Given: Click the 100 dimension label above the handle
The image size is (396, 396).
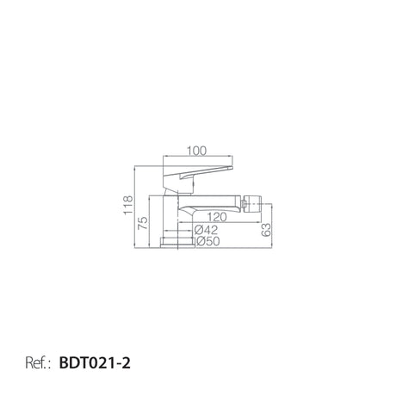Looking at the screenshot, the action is pos(196,151).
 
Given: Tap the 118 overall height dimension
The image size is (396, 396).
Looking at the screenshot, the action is pos(128,205).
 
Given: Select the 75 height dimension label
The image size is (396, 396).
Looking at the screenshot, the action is pos(143,223).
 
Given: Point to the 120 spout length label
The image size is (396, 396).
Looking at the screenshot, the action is pos(217,217).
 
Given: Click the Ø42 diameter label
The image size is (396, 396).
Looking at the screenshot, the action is pos(206,230).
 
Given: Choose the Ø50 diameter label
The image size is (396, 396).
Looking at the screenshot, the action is pos(208,241).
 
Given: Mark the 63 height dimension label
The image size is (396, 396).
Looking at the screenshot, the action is pos(266,230).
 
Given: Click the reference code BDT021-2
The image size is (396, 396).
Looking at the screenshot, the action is pos(95,363).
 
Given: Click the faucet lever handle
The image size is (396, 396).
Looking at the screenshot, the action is pos(197,173).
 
